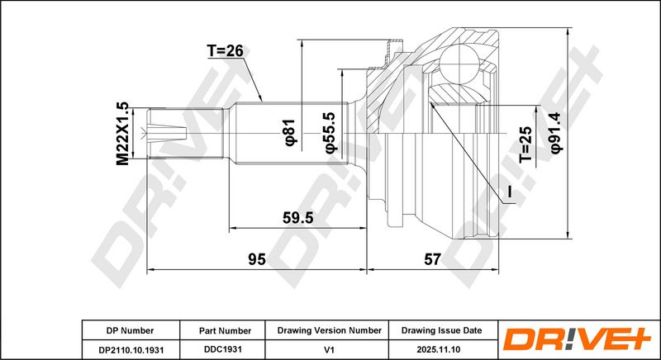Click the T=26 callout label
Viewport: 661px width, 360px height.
pyautogui.click(x=225, y=51)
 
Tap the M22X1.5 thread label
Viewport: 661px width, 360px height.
pyautogui.click(x=122, y=134)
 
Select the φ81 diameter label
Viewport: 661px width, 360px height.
pyautogui.click(x=291, y=133)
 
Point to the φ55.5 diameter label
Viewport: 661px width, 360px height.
pyautogui.click(x=330, y=132)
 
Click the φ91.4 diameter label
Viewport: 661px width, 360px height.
pyautogui.click(x=556, y=132)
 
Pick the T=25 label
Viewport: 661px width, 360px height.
pyautogui.click(x=525, y=144)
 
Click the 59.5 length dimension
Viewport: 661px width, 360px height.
pyautogui.click(x=298, y=218)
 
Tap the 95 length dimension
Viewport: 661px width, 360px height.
pyautogui.click(x=256, y=259)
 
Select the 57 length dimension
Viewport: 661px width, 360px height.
pyautogui.click(x=432, y=259)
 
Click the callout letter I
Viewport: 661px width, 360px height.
pyautogui.click(x=509, y=192)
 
